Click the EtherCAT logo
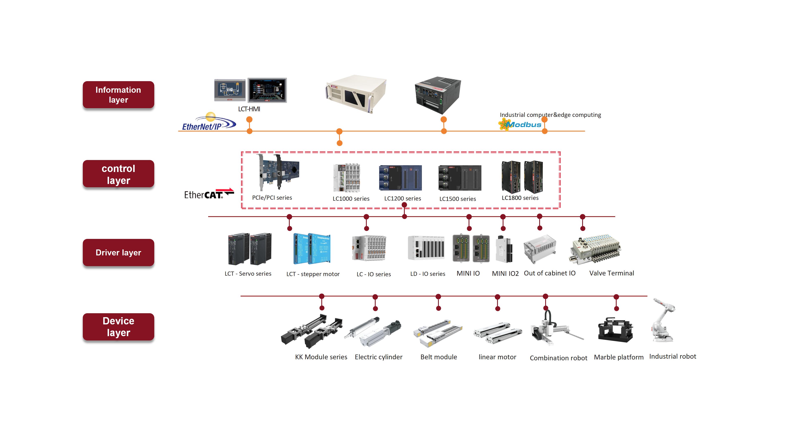(209, 194)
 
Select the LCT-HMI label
(249, 109)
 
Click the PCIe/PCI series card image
(278, 173)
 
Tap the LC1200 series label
(403, 198)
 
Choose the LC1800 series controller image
(522, 177)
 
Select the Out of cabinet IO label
(550, 273)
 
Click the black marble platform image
(615, 330)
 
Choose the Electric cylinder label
(379, 357)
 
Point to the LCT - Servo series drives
(250, 249)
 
